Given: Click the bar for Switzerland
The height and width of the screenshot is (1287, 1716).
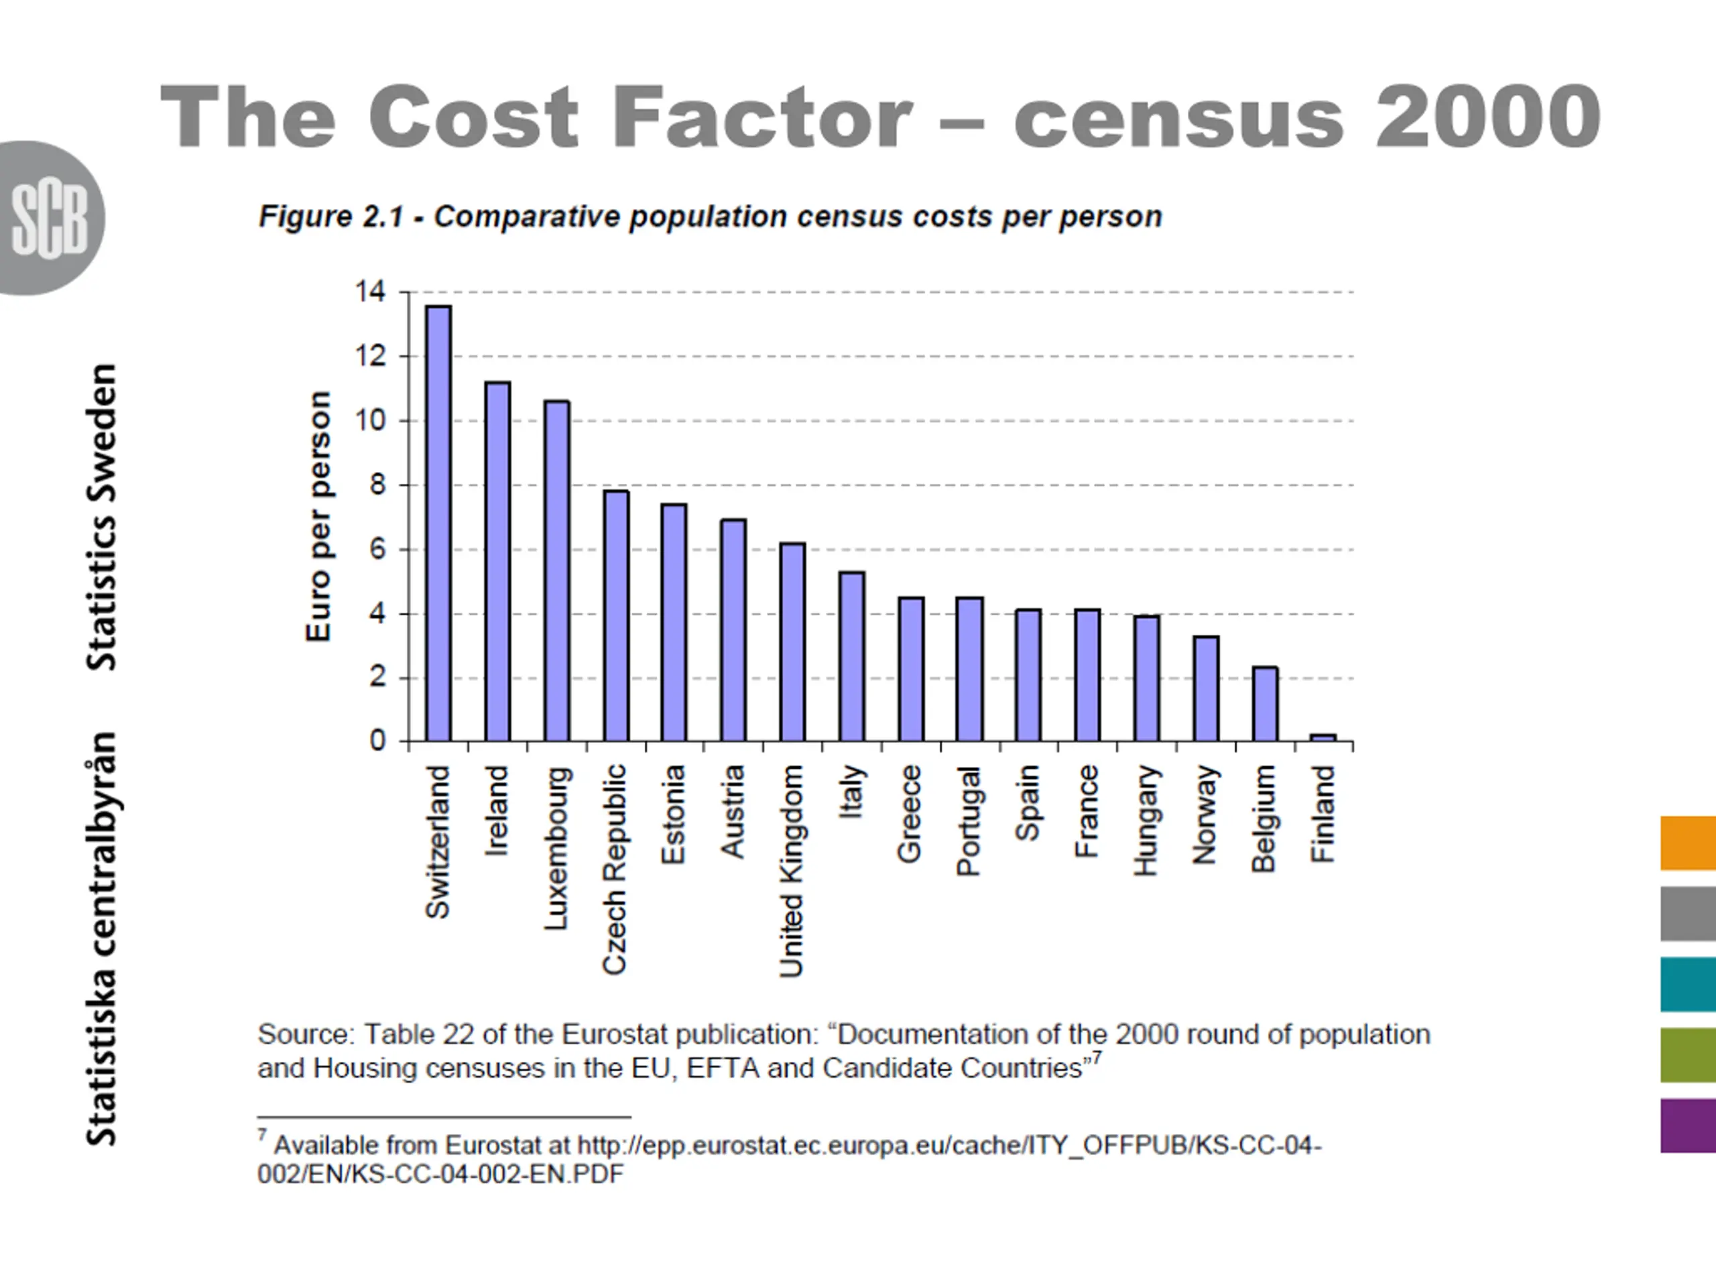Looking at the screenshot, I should [x=438, y=524].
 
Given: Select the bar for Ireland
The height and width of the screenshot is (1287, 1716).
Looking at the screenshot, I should [x=497, y=562].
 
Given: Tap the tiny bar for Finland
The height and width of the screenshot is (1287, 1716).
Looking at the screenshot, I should [x=1323, y=737].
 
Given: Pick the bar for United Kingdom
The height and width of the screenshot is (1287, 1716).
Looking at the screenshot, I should [x=792, y=642].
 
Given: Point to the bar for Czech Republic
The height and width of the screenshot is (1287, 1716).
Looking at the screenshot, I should [x=616, y=616].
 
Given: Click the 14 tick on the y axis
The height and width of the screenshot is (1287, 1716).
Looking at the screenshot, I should [x=370, y=292].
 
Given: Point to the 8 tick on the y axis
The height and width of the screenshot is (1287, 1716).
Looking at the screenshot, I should [x=377, y=485].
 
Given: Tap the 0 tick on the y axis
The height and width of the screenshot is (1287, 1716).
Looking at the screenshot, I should [x=377, y=741].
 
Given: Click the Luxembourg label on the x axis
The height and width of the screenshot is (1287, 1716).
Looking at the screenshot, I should [x=557, y=848].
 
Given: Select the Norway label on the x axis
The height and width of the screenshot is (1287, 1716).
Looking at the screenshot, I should [x=1205, y=814].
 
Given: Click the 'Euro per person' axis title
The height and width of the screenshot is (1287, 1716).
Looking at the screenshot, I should [x=319, y=517].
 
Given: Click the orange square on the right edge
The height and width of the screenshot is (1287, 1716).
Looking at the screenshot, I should [x=1687, y=843].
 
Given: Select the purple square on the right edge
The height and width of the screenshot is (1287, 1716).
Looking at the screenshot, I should [x=1687, y=1125].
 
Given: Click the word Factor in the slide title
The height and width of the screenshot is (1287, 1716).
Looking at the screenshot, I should [x=761, y=118].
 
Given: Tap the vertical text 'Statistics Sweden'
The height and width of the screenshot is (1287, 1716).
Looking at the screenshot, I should [x=102, y=517].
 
